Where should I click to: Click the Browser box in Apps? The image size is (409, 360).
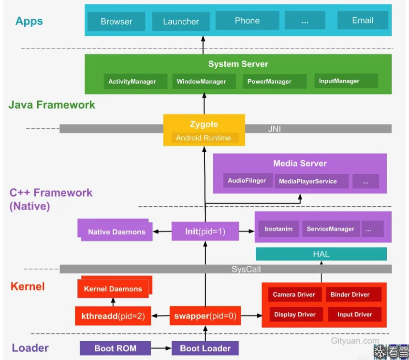click(116, 21)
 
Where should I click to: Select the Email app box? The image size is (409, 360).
click(363, 21)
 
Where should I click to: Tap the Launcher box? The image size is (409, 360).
click(181, 21)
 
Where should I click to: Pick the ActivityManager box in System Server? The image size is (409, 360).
click(132, 82)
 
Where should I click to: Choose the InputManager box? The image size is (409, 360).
click(339, 81)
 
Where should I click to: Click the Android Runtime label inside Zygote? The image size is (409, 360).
click(203, 138)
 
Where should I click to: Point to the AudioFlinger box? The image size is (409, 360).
click(247, 181)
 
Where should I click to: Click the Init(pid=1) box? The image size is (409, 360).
click(205, 231)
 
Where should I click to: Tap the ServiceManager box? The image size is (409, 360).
click(330, 229)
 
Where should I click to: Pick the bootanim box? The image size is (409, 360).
click(278, 229)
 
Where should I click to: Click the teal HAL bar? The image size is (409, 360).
click(321, 254)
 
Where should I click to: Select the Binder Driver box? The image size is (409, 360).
click(350, 294)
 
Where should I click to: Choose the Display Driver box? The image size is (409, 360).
click(295, 315)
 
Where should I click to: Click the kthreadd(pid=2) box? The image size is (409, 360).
click(113, 317)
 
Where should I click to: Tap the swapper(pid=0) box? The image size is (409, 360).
click(205, 317)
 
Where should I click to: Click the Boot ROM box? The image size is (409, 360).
click(115, 348)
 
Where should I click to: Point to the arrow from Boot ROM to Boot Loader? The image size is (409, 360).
click(161, 348)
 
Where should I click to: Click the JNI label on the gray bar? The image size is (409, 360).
click(274, 129)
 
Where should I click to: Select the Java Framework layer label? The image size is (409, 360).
click(52, 105)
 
